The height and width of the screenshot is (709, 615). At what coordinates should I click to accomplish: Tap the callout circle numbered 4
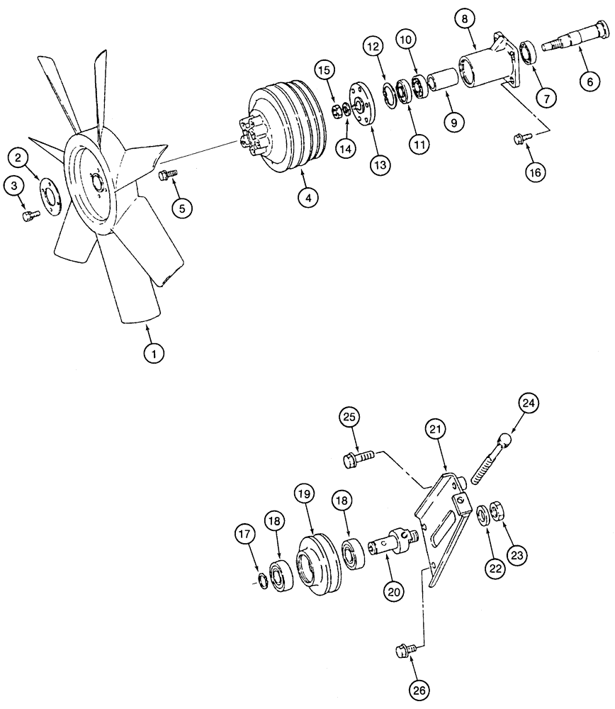click(306, 198)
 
